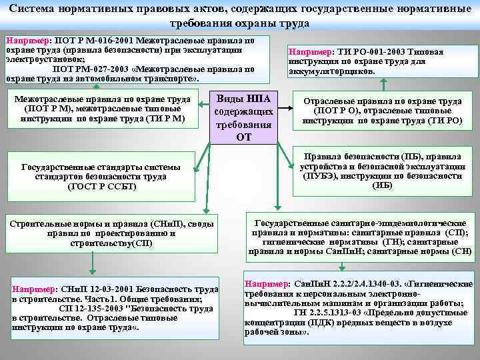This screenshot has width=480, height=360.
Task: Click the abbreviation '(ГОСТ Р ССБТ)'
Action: [102, 186]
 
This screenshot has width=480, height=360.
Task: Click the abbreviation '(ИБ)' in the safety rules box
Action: [382, 185]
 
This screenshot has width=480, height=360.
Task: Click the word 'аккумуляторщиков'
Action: [331, 71]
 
